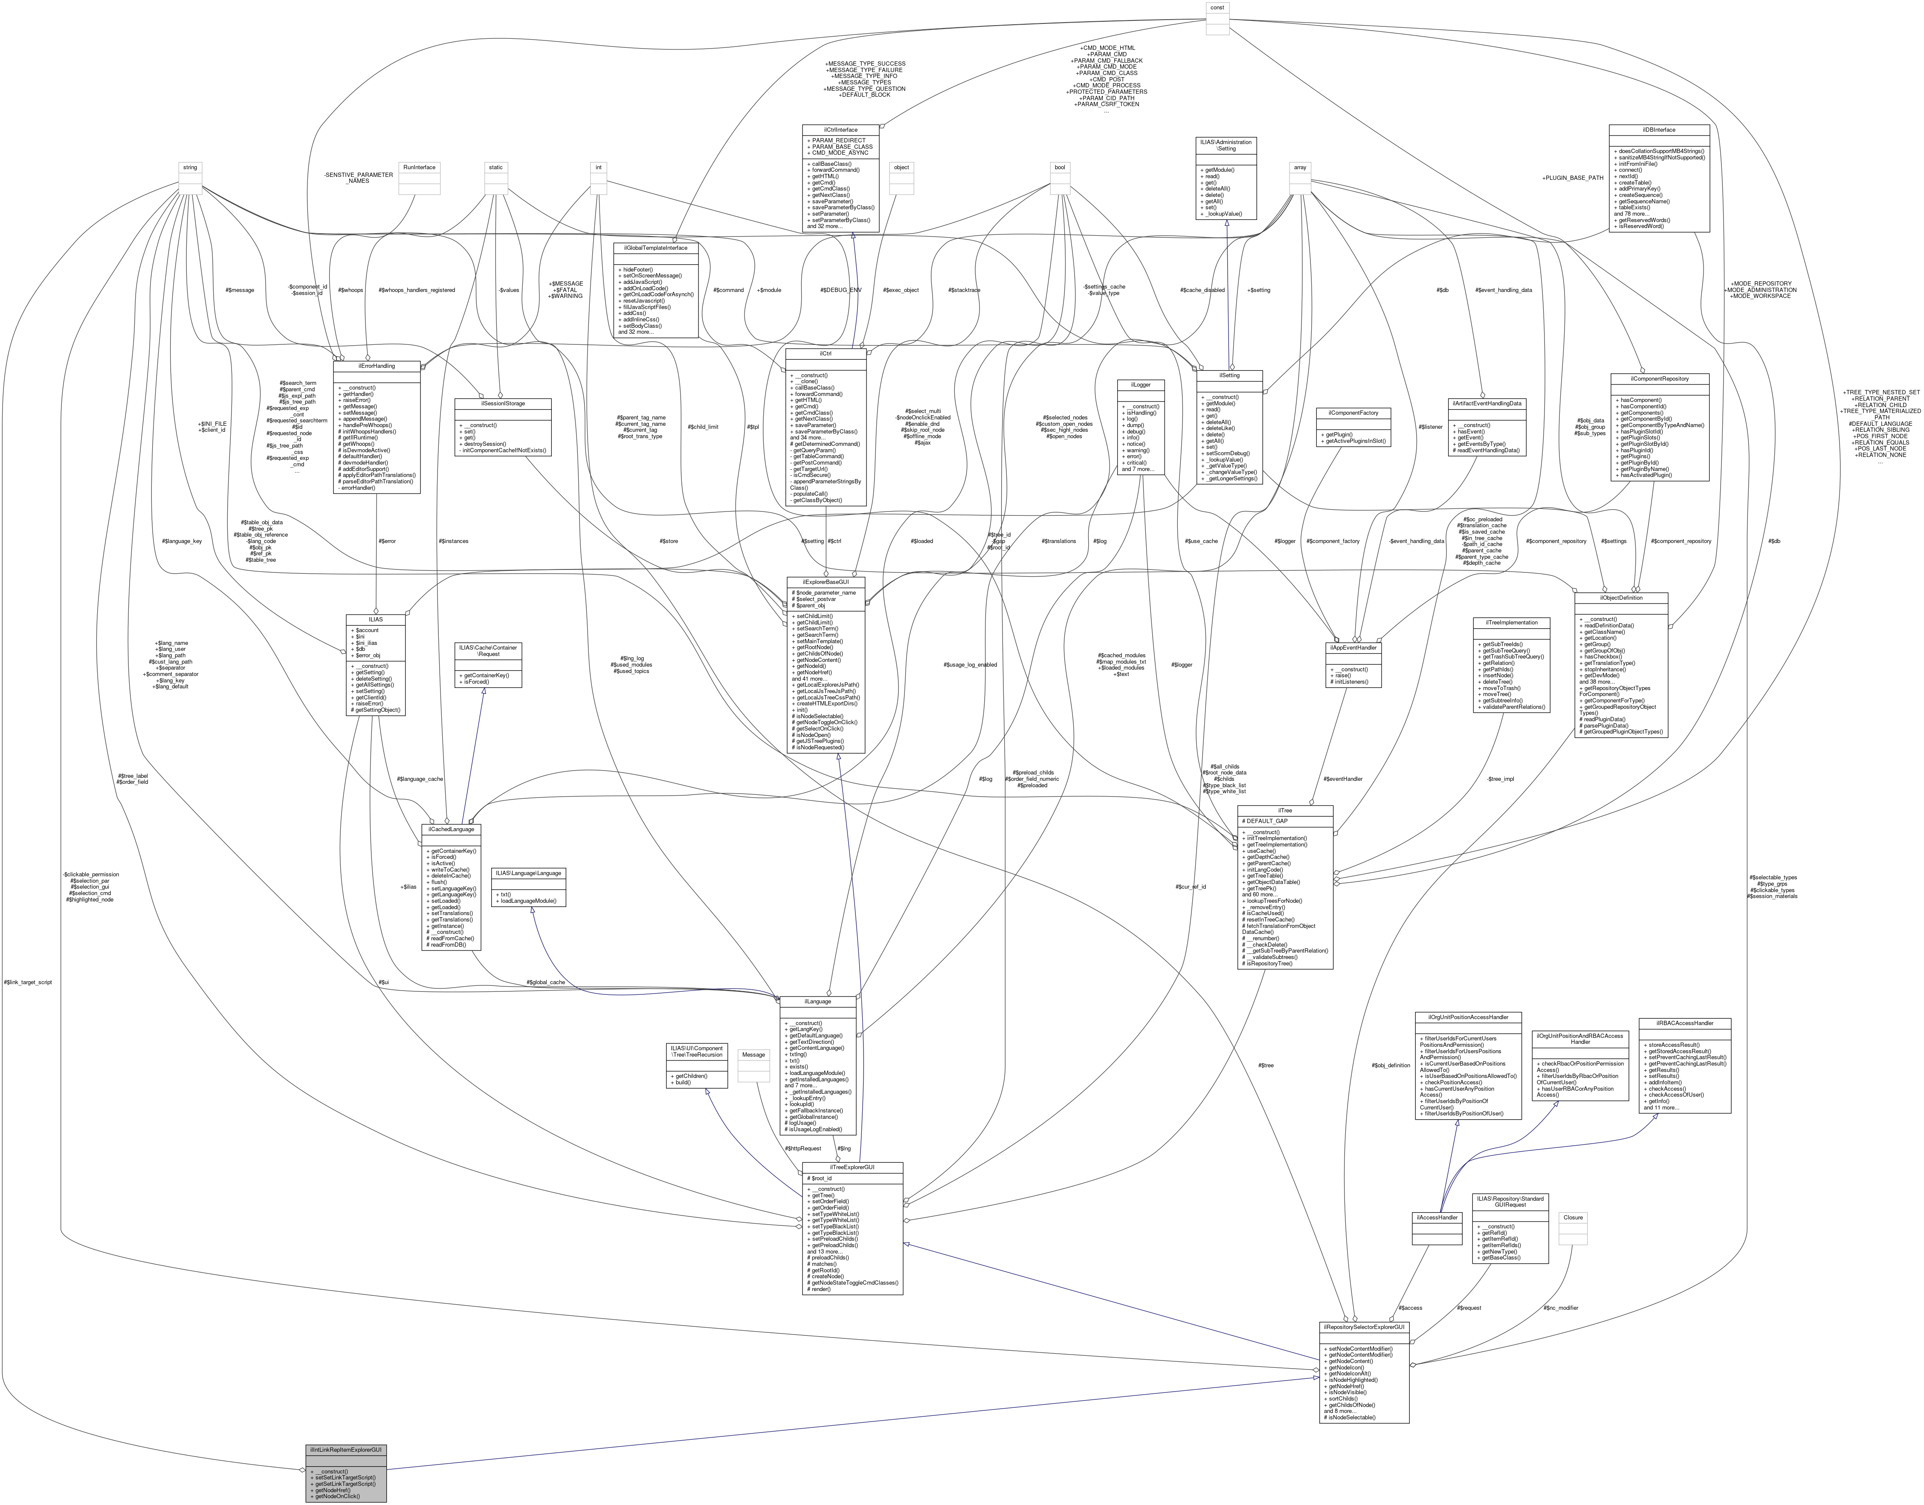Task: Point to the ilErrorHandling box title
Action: coord(377,366)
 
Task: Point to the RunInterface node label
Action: coord(419,168)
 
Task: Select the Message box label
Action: coord(753,1055)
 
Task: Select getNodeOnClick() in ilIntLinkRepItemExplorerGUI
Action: coord(335,1496)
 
